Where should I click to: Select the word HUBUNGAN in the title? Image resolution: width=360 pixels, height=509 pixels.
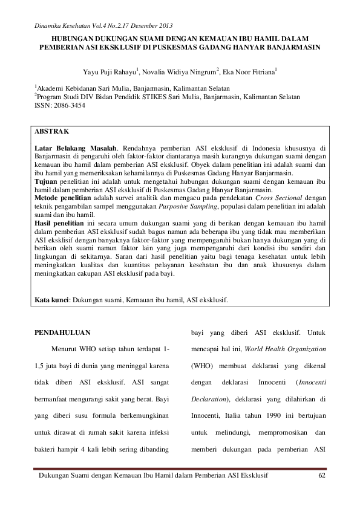(64, 37)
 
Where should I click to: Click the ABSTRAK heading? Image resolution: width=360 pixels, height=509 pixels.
(51, 131)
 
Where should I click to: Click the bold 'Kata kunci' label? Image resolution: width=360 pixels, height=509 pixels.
(52, 299)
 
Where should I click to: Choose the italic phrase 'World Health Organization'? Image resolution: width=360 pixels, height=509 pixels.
(287, 349)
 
